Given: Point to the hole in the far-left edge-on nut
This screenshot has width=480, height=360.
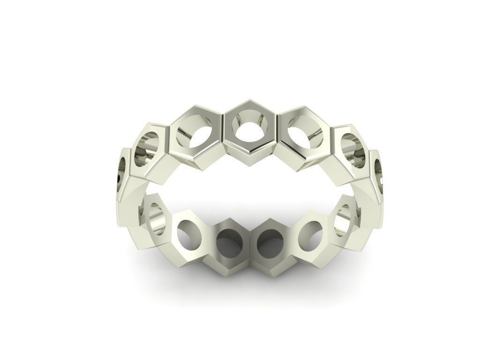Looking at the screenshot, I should click(121, 169).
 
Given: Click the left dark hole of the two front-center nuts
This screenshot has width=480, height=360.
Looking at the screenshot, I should click(227, 242).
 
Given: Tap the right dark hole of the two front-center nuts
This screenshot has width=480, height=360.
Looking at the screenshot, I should click(270, 242).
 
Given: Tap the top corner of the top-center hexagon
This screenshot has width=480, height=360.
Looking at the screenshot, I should click(251, 100).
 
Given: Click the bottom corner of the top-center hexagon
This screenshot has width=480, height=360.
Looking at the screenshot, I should click(251, 153).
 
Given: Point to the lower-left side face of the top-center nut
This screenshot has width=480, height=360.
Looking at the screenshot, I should click(237, 149).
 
